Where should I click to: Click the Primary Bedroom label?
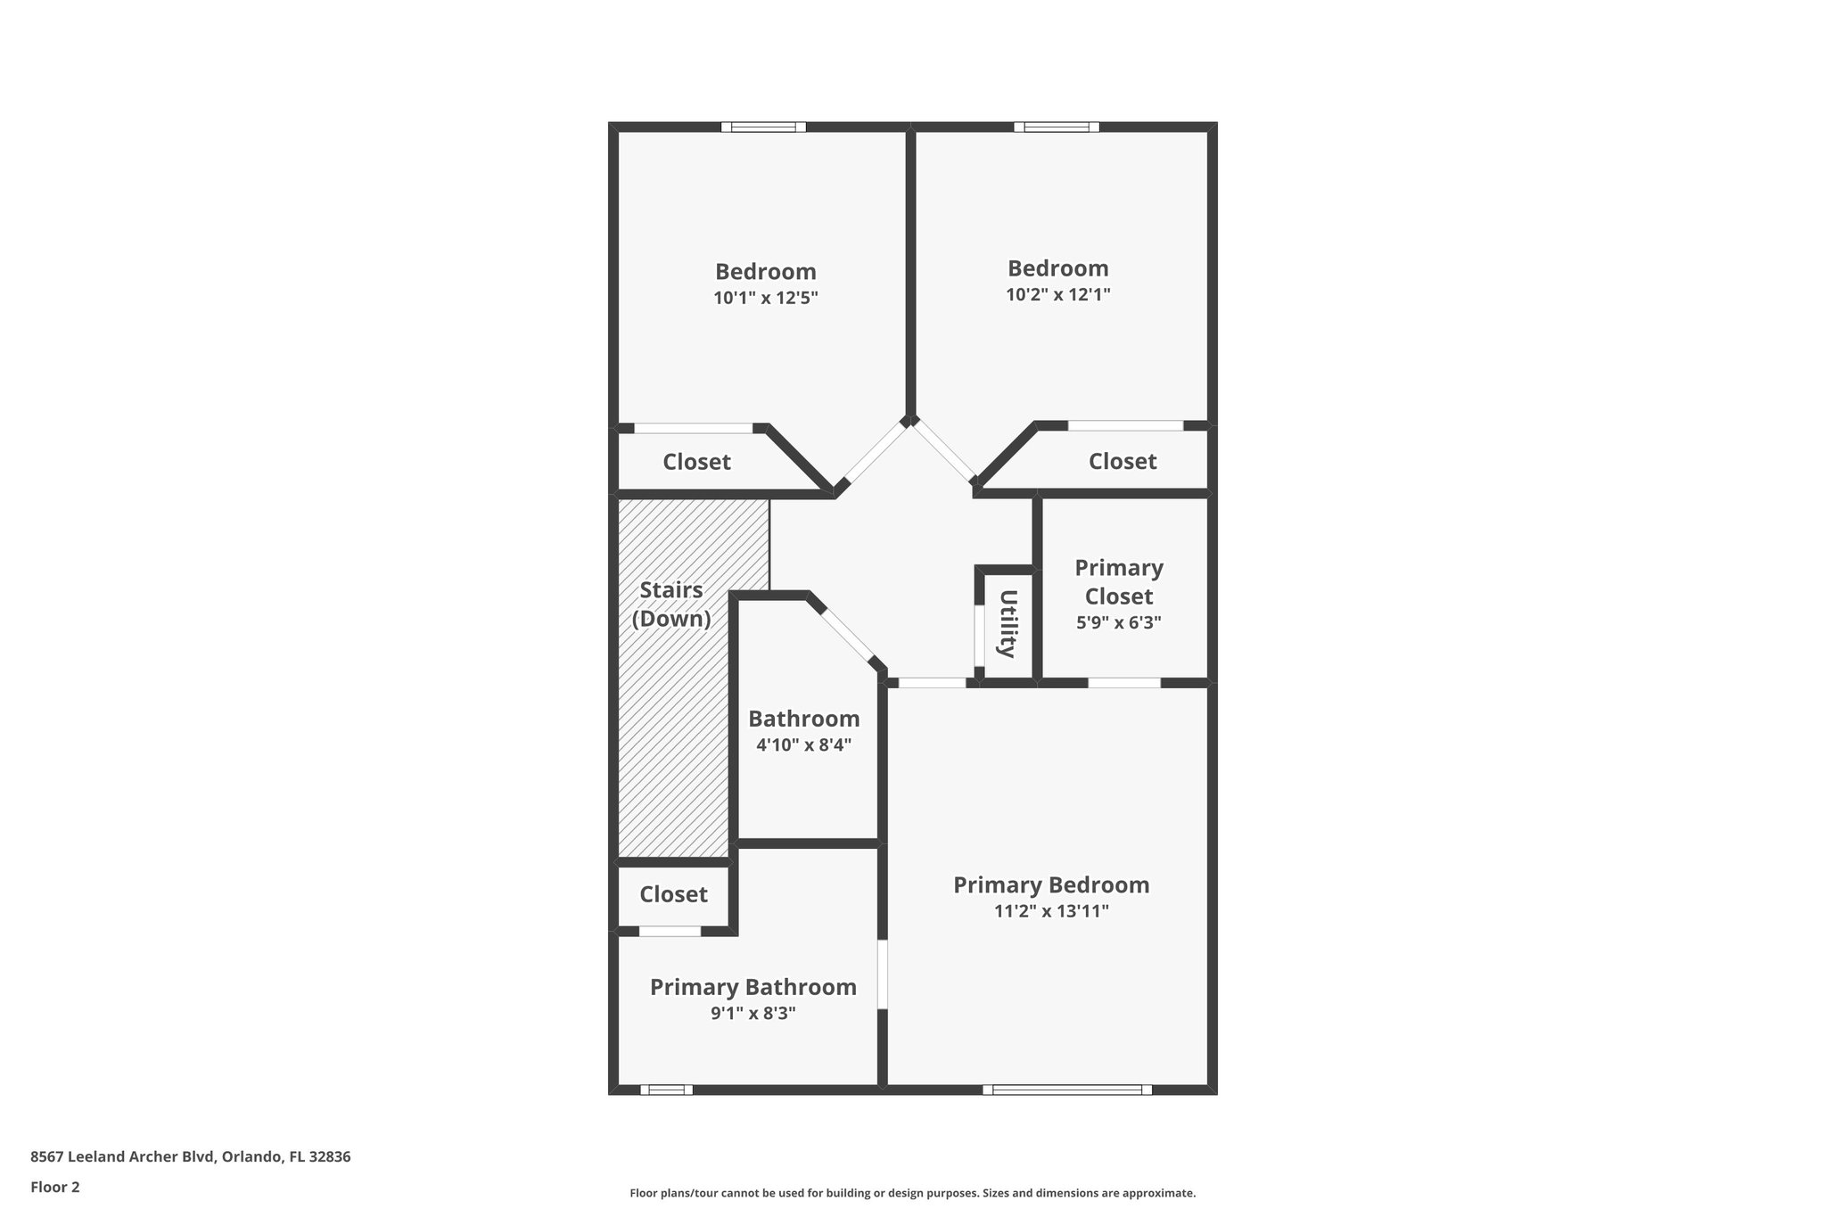1051,885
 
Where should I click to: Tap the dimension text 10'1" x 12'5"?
765,298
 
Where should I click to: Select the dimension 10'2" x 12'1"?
1057,294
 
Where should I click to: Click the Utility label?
1008,623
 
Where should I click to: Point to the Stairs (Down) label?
671,604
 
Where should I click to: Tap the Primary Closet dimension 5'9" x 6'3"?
1118,622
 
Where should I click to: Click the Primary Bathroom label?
753,987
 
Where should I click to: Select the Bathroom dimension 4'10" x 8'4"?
803,744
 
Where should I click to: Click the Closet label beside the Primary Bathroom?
673,894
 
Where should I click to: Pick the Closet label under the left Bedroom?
696,462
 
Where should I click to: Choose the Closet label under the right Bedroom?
1122,461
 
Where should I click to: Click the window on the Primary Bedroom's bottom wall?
1067,1089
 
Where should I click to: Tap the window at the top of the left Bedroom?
763,127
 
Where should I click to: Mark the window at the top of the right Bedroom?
1057,127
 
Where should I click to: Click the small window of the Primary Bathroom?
666,1089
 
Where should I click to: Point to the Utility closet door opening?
979,636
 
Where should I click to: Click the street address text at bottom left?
191,1157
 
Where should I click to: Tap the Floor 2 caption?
55,1187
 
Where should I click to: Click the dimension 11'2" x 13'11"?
1051,911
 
